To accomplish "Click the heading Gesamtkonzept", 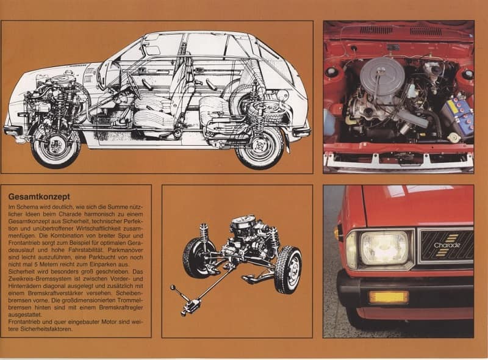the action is (x=39, y=197).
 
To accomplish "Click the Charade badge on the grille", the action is (x=447, y=245).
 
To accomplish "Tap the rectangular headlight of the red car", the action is (x=385, y=248).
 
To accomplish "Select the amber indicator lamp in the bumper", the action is (x=389, y=297).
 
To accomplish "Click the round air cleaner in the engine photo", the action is (x=382, y=74).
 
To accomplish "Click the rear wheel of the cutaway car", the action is (x=260, y=147).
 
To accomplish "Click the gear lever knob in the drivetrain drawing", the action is (x=173, y=287).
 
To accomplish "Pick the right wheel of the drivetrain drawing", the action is (x=288, y=270).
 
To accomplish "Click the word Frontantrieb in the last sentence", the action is (x=24, y=322).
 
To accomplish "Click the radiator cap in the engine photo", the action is (x=453, y=137).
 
